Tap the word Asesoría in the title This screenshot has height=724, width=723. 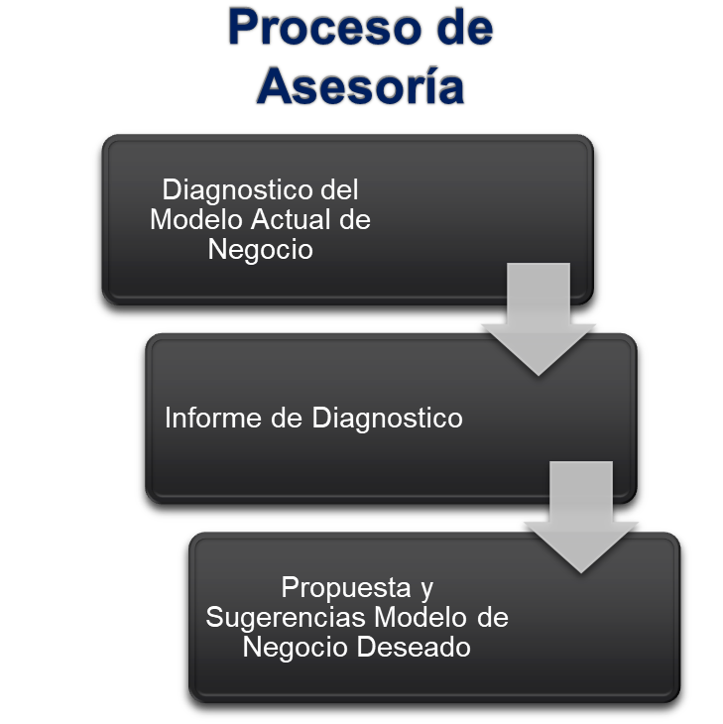pyautogui.click(x=361, y=87)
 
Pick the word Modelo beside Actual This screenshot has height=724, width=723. pyautogui.click(x=194, y=219)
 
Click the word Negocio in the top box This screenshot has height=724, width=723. pyautogui.click(x=260, y=250)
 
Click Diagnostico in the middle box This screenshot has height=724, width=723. pyautogui.click(x=388, y=418)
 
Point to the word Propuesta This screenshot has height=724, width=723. pyautogui.click(x=344, y=587)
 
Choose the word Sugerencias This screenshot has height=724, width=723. pyautogui.click(x=287, y=617)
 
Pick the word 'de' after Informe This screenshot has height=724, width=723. pyautogui.click(x=284, y=418)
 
